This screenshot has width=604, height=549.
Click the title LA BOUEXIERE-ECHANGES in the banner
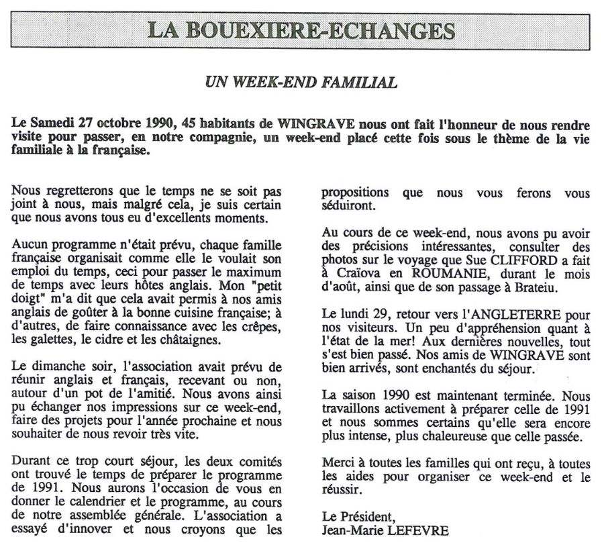pos(301,31)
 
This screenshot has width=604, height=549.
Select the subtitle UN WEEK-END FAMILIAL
pos(301,83)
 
